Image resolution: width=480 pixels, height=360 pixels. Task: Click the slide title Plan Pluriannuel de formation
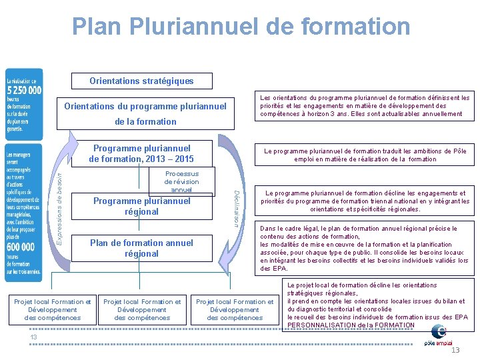pyautogui.click(x=241, y=27)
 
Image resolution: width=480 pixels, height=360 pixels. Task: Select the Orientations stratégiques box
pyautogui.click(x=141, y=81)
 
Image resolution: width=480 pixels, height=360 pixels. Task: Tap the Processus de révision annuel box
pyautogui.click(x=181, y=182)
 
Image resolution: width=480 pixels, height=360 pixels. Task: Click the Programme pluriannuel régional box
pyautogui.click(x=141, y=206)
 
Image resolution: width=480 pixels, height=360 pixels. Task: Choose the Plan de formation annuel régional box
pyautogui.click(x=141, y=248)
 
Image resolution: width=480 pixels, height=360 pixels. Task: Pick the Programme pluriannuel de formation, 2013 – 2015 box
pyautogui.click(x=141, y=153)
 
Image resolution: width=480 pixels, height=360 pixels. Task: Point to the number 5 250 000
pyautogui.click(x=24, y=90)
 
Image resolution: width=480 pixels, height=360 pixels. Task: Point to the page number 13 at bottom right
pyautogui.click(x=455, y=351)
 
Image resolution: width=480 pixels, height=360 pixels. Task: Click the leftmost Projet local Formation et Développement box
pyautogui.click(x=53, y=310)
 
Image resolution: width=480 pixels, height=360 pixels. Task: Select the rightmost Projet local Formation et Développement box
pyautogui.click(x=235, y=310)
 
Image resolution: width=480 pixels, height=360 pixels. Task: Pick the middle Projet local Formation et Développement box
pyautogui.click(x=142, y=310)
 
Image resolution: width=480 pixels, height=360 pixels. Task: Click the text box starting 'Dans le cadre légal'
pyautogui.click(x=364, y=248)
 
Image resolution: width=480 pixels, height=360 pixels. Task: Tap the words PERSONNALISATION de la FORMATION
pyautogui.click(x=351, y=325)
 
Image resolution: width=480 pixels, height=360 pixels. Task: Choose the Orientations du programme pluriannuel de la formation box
pyautogui.click(x=145, y=114)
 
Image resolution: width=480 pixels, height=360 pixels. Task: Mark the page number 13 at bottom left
pyautogui.click(x=33, y=337)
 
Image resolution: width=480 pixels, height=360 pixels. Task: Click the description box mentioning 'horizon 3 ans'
pyautogui.click(x=364, y=105)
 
